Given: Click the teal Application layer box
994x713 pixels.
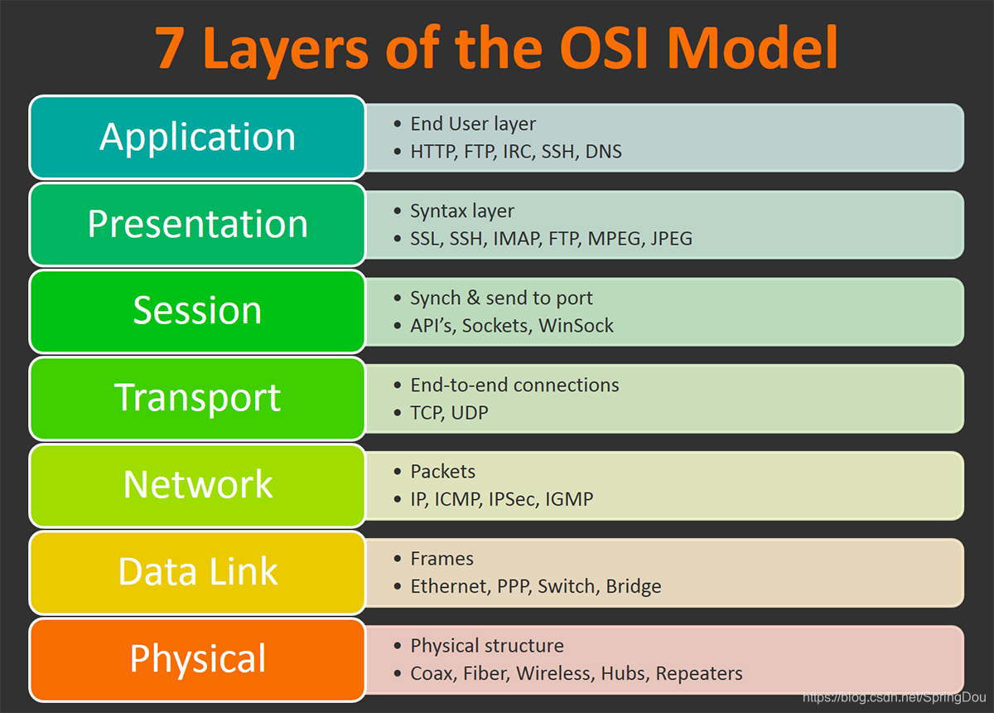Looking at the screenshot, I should click(x=197, y=137).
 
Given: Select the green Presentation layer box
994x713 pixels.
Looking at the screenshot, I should click(x=197, y=224).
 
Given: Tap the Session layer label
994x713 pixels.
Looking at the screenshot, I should click(x=197, y=311).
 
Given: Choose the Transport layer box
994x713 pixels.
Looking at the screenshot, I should click(x=197, y=398).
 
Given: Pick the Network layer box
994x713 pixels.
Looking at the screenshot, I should click(x=197, y=485).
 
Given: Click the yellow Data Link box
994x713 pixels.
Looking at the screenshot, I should click(x=197, y=572).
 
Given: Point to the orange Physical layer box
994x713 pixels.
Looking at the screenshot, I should click(x=197, y=659).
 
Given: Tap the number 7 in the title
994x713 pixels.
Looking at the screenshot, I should click(x=170, y=48).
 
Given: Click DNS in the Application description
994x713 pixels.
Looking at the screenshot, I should click(x=603, y=152).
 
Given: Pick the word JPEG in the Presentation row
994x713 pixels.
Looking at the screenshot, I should click(x=671, y=239).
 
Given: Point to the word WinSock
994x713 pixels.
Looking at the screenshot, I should click(x=576, y=326).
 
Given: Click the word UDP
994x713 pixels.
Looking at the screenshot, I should click(x=470, y=412).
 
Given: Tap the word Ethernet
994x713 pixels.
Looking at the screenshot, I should click(x=448, y=586).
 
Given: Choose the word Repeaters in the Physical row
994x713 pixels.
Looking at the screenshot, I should click(x=699, y=673).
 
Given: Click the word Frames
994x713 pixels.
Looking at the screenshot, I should click(x=442, y=559).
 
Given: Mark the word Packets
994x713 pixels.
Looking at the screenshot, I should click(x=442, y=472).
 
